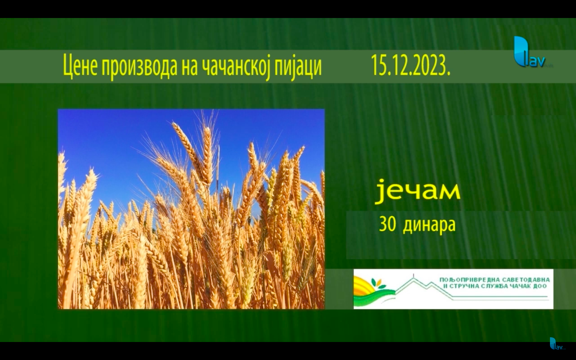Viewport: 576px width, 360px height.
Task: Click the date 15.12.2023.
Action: tap(411, 66)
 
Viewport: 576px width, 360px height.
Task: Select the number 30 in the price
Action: tap(387, 224)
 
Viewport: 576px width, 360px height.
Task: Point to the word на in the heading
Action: tap(188, 69)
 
